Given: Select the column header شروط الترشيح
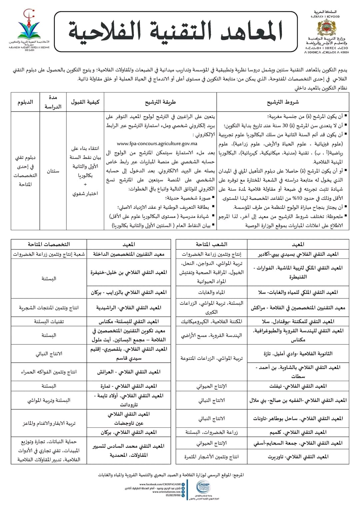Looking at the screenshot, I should point(283,102).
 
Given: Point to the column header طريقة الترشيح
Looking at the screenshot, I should point(160,102).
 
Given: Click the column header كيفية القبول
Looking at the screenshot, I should point(85,102).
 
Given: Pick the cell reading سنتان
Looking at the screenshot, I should point(53,171).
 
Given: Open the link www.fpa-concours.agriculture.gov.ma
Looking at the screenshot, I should point(157,144).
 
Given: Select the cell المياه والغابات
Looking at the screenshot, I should point(211,292).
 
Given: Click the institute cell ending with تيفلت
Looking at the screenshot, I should point(298,386).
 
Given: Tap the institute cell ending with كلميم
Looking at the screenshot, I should point(298,432).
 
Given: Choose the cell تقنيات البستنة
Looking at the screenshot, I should point(49,321).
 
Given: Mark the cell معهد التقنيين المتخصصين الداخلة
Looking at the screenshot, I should point(129,254).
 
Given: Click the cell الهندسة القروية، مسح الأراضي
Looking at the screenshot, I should point(211,335).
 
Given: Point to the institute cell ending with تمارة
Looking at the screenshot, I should point(129,386).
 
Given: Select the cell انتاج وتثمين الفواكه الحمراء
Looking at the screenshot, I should point(49,372).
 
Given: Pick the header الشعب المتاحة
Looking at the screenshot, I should point(211,244).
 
